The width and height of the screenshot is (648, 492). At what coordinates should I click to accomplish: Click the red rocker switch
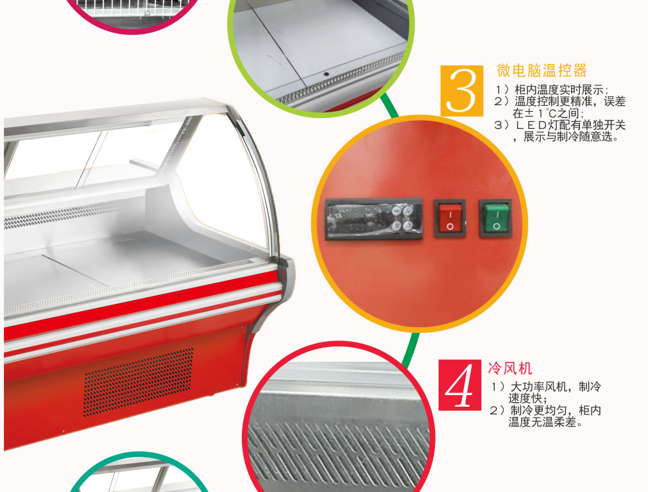(450, 219)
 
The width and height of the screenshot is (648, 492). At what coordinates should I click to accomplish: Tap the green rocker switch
(495, 219)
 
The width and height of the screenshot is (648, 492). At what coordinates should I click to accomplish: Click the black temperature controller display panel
(374, 219)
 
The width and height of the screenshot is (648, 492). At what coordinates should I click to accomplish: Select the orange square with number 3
(461, 91)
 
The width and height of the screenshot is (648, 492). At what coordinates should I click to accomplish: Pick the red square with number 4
(459, 385)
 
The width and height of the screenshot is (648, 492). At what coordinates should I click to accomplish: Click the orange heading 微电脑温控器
(541, 71)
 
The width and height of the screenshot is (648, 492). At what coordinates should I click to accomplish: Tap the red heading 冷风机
(510, 368)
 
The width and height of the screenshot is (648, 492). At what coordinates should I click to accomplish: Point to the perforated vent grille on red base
(139, 382)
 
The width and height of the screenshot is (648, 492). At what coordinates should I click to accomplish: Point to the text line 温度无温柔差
(545, 422)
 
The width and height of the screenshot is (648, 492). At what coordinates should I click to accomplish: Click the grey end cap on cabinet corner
(287, 279)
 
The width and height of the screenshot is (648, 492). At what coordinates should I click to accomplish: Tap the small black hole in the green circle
(327, 74)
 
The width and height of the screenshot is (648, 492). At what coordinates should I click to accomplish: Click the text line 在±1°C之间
(548, 113)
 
